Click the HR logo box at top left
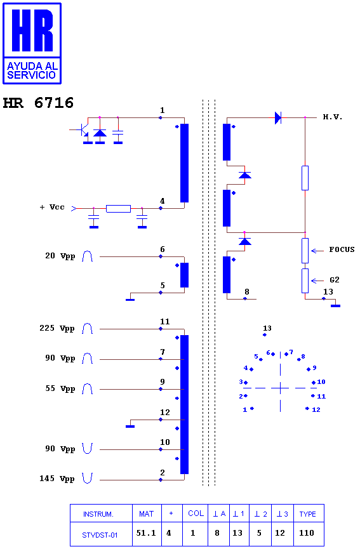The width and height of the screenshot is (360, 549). [x=32, y=43]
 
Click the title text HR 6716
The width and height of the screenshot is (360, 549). [x=38, y=103]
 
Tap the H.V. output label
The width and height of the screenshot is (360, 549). [x=332, y=117]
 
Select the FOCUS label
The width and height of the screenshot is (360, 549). [x=342, y=249]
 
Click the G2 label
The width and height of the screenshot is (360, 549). [x=335, y=280]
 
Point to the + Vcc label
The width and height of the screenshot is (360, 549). [x=52, y=207]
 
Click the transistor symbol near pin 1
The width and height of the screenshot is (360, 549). [x=84, y=130]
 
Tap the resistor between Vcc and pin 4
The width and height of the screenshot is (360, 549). [x=118, y=209]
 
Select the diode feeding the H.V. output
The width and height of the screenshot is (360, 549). [x=277, y=117]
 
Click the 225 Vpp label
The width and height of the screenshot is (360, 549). [x=57, y=328]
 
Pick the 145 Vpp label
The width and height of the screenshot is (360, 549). [x=57, y=479]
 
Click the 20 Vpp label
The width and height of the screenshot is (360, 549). [x=60, y=256]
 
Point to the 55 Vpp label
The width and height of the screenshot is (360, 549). [x=60, y=388]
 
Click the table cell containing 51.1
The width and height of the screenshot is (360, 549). [x=147, y=534]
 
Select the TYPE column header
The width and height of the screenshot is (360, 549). [x=309, y=513]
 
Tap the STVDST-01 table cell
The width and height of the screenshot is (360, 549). [x=101, y=534]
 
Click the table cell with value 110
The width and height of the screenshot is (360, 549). [x=309, y=534]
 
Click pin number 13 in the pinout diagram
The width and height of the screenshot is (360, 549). [x=267, y=328]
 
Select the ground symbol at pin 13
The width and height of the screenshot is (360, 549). [x=335, y=306]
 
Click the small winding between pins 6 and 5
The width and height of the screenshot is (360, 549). [x=184, y=275]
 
